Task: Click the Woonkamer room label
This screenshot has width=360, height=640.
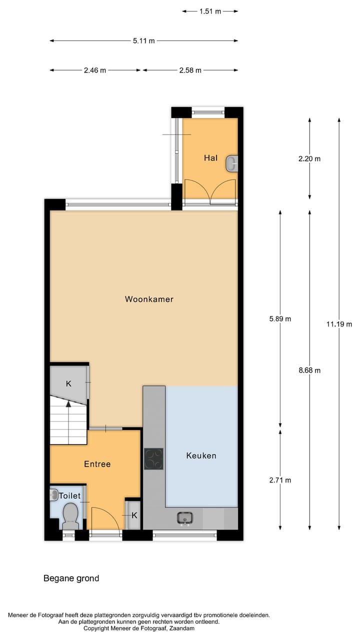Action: [x=149, y=299]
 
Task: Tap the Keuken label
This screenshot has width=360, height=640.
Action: [x=201, y=455]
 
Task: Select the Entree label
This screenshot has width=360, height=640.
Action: [x=97, y=464]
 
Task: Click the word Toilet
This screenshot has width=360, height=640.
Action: [x=69, y=495]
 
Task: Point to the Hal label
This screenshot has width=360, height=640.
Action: [x=210, y=158]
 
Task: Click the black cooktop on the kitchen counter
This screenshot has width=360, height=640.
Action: [x=153, y=458]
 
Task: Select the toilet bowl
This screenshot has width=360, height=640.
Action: [x=70, y=514]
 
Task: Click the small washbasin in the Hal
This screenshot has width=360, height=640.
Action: [x=232, y=163]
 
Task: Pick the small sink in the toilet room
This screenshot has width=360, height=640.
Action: [x=54, y=495]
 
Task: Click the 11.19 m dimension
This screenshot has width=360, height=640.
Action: [x=339, y=324]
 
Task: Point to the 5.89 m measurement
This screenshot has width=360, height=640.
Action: [x=280, y=318]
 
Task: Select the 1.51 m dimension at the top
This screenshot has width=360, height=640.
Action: [x=210, y=11]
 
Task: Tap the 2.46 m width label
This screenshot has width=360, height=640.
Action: [x=95, y=70]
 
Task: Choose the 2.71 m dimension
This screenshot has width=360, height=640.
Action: [x=280, y=480]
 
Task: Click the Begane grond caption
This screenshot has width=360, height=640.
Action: [x=71, y=578]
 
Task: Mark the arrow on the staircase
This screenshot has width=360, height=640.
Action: [x=68, y=404]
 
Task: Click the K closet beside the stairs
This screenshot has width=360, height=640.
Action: [x=69, y=383]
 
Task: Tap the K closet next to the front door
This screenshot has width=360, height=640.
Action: [x=134, y=515]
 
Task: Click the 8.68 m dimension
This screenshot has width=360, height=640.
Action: [x=309, y=370]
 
